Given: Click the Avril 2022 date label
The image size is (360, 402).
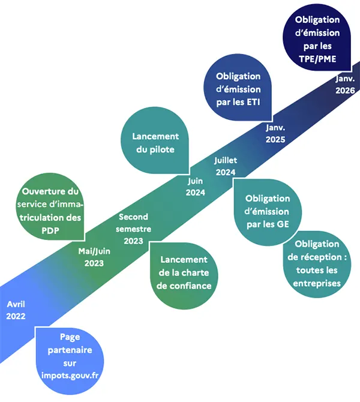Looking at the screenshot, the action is point(16,310).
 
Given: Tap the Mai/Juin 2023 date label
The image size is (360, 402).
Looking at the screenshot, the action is point(94,257).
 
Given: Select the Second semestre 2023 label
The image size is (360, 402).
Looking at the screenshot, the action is point(133,229).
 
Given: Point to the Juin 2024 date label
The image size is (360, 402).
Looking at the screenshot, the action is point(196,187).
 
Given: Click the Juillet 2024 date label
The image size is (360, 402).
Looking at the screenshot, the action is point(226,166).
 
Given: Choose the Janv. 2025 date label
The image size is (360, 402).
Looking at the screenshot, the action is point(275,133).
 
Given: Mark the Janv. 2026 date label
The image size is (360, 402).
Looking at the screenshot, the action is point(345,85).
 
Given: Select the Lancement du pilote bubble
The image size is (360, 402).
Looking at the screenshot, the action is point(155,140).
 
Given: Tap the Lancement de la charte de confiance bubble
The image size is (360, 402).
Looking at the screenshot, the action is point(184,275).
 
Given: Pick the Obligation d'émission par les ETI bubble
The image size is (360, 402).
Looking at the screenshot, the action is point(238,88).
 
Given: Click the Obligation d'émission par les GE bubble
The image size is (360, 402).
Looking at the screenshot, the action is point(268,212).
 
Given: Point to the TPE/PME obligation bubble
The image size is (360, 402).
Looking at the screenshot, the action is point(317,37).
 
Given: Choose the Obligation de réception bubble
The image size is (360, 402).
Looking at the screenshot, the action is point(317,264).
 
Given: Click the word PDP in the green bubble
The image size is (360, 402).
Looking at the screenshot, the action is point(50,230).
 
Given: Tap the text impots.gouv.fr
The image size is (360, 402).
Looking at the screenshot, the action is point(70,376).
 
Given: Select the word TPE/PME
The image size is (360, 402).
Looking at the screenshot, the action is point(317,59).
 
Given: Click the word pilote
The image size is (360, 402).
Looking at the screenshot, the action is point(162,149).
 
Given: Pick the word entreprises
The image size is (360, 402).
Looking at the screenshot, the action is point(317,283).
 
